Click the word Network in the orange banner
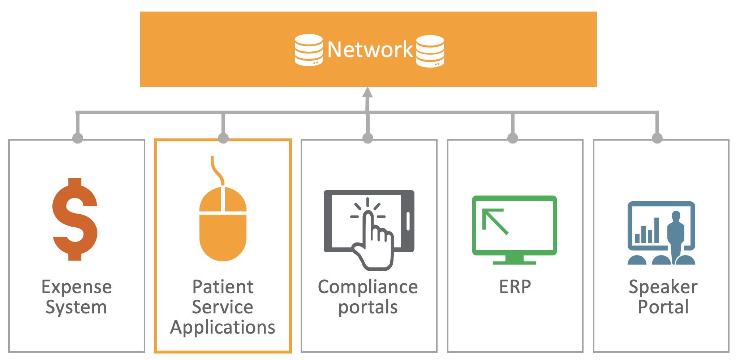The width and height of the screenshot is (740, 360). pos(370,50)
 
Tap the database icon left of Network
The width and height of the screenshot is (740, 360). pos(309,50)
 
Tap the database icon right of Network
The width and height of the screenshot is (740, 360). pos(430,51)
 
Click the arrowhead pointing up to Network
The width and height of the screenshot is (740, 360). pos(367,92)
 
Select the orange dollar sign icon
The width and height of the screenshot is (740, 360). pos(75,219)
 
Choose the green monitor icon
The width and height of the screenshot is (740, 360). pos(514,230)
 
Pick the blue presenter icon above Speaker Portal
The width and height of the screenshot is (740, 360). pos(661,233)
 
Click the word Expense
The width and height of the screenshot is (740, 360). pos(77,287)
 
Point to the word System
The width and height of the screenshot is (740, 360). pos(76,307)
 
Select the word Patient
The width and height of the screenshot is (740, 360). pos(223,287)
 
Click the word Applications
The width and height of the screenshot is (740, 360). pos(223,327)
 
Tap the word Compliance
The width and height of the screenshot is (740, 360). pos(368,287)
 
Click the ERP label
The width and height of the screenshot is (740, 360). pos(515,287)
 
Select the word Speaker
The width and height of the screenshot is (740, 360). pos(663,287)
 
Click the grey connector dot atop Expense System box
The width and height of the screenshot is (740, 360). pos(78,138)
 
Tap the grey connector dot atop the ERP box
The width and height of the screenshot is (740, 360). pos(513,138)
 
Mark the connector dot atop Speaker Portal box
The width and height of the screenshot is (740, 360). pos(657,138)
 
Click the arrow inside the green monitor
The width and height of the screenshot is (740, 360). pos(495,221)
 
